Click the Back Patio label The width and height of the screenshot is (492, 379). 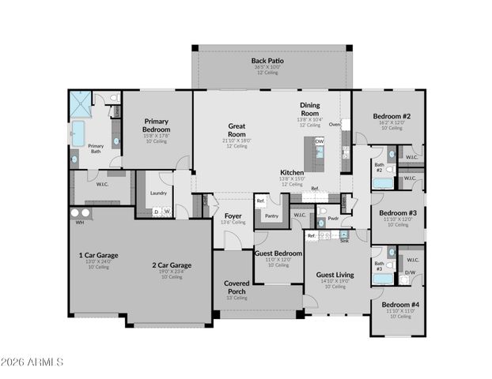coord(267,61)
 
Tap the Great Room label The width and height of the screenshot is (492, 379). coord(237,130)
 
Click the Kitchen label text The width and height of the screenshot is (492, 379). coord(292,172)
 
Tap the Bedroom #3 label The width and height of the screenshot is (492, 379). coord(398,213)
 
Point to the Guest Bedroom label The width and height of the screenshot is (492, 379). coord(278,253)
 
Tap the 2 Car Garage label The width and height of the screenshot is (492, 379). coord(171,265)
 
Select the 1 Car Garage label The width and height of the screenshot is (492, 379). coord(97,255)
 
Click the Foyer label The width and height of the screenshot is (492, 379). coord(233,216)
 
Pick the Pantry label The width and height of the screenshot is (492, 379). coord(272,216)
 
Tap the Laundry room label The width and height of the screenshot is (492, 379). coord(157,193)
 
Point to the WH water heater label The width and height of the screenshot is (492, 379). coord(79,223)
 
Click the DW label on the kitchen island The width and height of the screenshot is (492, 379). coord(319,141)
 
